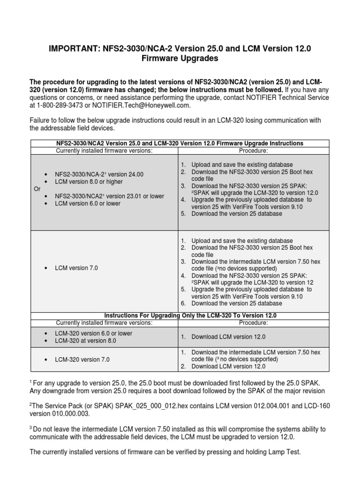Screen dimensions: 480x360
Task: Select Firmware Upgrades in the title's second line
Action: (180, 59)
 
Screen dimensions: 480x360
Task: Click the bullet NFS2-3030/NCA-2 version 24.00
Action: (99, 174)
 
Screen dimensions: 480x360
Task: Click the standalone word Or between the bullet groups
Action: (33, 188)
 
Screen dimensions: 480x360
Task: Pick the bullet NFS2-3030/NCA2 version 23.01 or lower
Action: (109, 196)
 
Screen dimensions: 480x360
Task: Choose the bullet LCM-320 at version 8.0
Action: (85, 341)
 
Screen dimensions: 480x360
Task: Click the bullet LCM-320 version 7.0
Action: (82, 359)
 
